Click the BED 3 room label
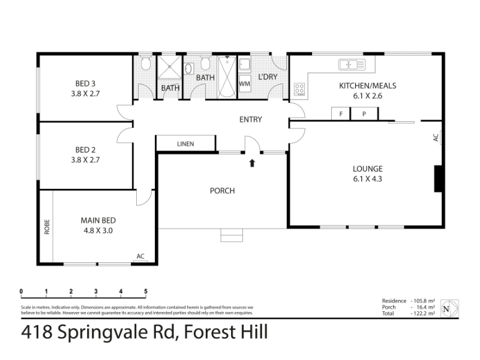click(85, 83)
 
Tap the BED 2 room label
click(85, 149)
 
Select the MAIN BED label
click(98, 220)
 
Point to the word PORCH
click(223, 191)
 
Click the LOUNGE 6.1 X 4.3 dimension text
click(368, 179)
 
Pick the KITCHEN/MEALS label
click(368, 86)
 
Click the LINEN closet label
click(185, 144)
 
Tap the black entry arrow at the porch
click(252, 163)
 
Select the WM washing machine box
click(245, 83)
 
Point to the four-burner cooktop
click(299, 89)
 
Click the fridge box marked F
click(341, 113)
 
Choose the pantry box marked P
click(364, 113)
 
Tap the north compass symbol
click(449, 308)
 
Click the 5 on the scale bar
click(146, 291)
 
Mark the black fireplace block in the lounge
click(438, 179)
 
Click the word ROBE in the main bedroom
click(47, 227)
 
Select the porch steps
click(232, 235)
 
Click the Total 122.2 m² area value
click(423, 313)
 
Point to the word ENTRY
click(251, 119)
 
